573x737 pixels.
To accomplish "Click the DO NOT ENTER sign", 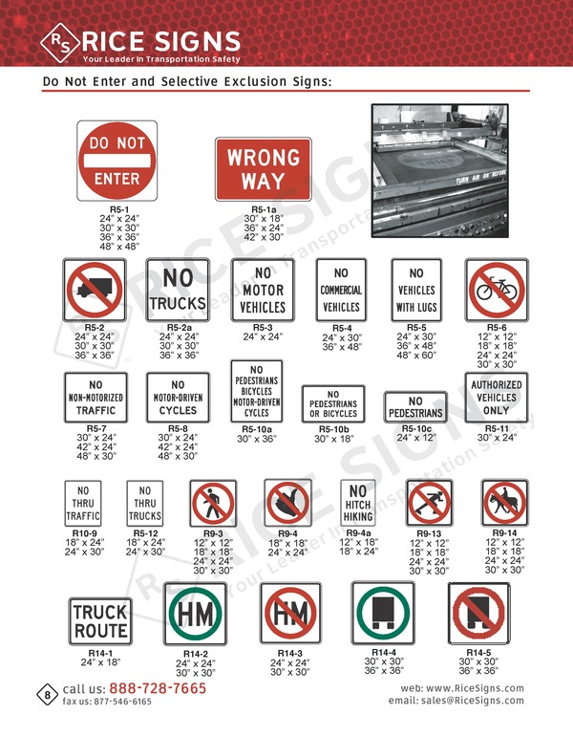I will [x=117, y=161].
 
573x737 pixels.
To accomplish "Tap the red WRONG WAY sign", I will [x=263, y=168].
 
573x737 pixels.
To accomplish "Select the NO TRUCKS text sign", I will [x=178, y=290].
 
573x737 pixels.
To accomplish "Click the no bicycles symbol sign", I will [x=495, y=290].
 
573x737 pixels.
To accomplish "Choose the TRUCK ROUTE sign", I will [x=100, y=621].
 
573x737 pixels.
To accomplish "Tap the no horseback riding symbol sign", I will [x=504, y=503].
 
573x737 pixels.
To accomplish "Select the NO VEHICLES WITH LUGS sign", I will [x=415, y=290].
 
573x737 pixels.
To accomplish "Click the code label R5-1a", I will [x=264, y=209].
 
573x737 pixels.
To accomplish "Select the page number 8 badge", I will [x=47, y=694].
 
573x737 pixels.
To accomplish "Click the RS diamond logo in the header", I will [x=60, y=41].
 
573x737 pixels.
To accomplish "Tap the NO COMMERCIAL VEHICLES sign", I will [x=341, y=290].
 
